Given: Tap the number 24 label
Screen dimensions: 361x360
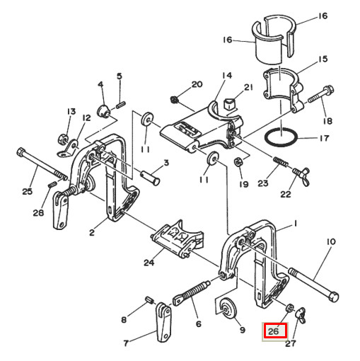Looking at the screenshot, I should point(149,263).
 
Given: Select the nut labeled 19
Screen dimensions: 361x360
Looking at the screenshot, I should point(238,164).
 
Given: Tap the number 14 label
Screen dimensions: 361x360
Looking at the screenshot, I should point(226,75).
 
